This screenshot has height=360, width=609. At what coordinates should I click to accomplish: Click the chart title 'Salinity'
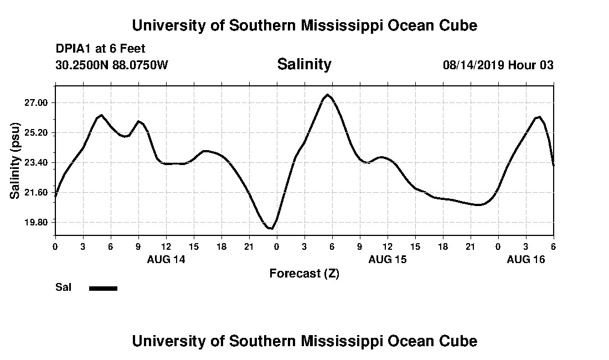pyautogui.click(x=304, y=64)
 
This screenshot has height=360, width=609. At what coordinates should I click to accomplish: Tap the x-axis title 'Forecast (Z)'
pyautogui.click(x=304, y=273)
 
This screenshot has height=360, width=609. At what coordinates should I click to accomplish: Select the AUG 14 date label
pyautogui.click(x=166, y=259)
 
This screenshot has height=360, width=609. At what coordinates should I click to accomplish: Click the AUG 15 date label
pyautogui.click(x=388, y=259)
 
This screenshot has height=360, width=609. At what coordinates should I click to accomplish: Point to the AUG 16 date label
pyautogui.click(x=526, y=259)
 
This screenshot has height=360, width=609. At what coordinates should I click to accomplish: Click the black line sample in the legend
pyautogui.click(x=103, y=288)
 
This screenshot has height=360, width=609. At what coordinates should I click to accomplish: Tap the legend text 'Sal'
pyautogui.click(x=63, y=287)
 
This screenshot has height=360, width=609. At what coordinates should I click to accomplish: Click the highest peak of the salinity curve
pyautogui.click(x=328, y=95)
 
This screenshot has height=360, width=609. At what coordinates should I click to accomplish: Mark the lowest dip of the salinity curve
pyautogui.click(x=271, y=228)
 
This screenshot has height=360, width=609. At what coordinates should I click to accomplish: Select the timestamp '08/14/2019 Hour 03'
pyautogui.click(x=498, y=65)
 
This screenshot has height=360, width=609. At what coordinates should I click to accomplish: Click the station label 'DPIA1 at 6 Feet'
pyautogui.click(x=100, y=49)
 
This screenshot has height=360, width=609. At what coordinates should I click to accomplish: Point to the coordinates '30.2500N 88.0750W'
pyautogui.click(x=112, y=65)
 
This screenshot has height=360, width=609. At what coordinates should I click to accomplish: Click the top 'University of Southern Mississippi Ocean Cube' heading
pyautogui.click(x=304, y=25)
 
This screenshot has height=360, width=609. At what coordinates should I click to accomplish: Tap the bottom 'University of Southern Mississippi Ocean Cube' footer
pyautogui.click(x=304, y=341)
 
